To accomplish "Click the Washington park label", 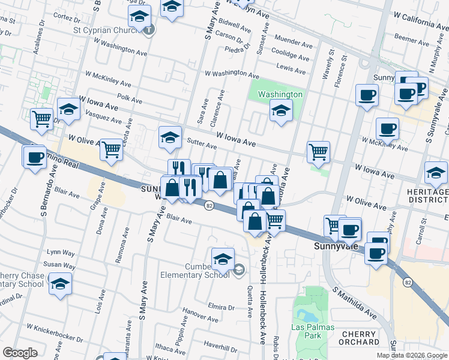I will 280,95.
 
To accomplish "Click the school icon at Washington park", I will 280,110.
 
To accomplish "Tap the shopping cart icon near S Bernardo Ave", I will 41,118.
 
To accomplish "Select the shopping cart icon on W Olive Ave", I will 111,149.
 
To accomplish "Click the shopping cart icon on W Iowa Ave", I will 318,151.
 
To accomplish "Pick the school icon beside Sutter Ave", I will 170,137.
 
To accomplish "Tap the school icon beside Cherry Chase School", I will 60,283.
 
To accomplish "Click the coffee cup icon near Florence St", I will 366,94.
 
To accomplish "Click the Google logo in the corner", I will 20,353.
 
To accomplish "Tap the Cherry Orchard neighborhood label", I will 360,338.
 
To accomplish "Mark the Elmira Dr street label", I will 220,307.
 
